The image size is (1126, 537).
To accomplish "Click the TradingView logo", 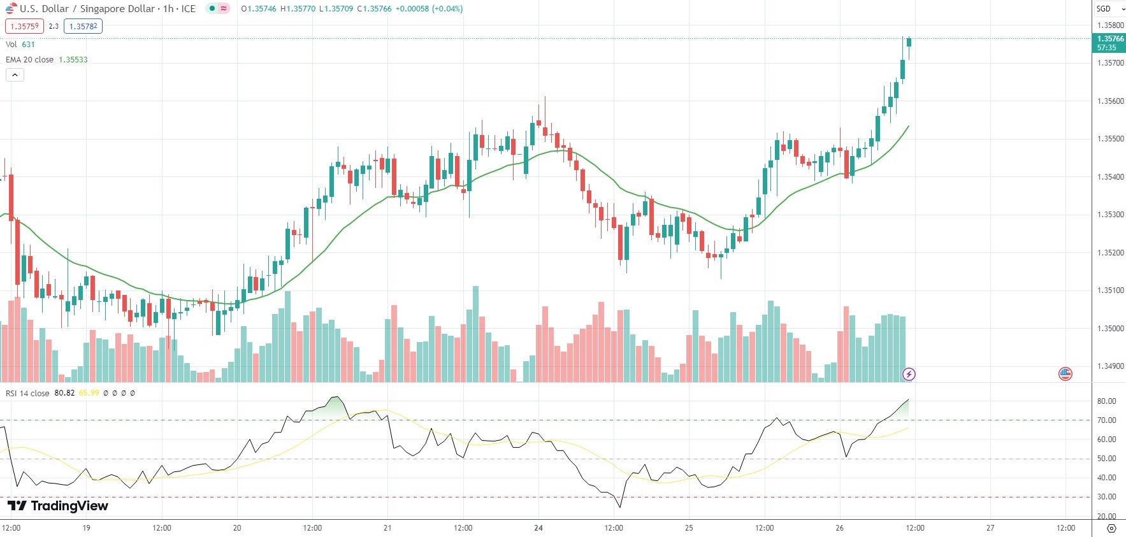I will point(58,506).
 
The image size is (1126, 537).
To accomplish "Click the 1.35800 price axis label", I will point(1110,25).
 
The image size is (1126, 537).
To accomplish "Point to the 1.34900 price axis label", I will point(1110,366).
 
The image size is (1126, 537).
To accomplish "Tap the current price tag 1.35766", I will point(1110,39).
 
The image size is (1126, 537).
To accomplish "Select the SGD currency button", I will point(1104,9).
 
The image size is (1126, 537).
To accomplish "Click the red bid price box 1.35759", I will point(24,26).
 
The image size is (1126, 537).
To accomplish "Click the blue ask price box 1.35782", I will point(83,26).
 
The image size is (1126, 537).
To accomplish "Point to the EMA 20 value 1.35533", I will point(73,60).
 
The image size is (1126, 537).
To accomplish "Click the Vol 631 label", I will point(20,45).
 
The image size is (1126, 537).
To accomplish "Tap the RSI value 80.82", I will point(64,393).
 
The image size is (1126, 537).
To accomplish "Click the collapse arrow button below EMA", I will point(15,75).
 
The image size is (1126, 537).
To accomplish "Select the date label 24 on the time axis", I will point(538,528).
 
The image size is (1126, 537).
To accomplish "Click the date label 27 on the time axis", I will point(990,528).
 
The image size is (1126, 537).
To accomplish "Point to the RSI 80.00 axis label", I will point(1106,401).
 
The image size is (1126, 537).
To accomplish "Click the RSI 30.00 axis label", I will point(1106,497).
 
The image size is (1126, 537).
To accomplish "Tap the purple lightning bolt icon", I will point(909,374).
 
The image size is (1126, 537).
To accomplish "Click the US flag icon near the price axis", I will point(1065,374).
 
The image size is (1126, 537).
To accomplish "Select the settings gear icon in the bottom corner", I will point(1111,529).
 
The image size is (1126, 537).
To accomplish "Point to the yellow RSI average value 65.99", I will point(89,393).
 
